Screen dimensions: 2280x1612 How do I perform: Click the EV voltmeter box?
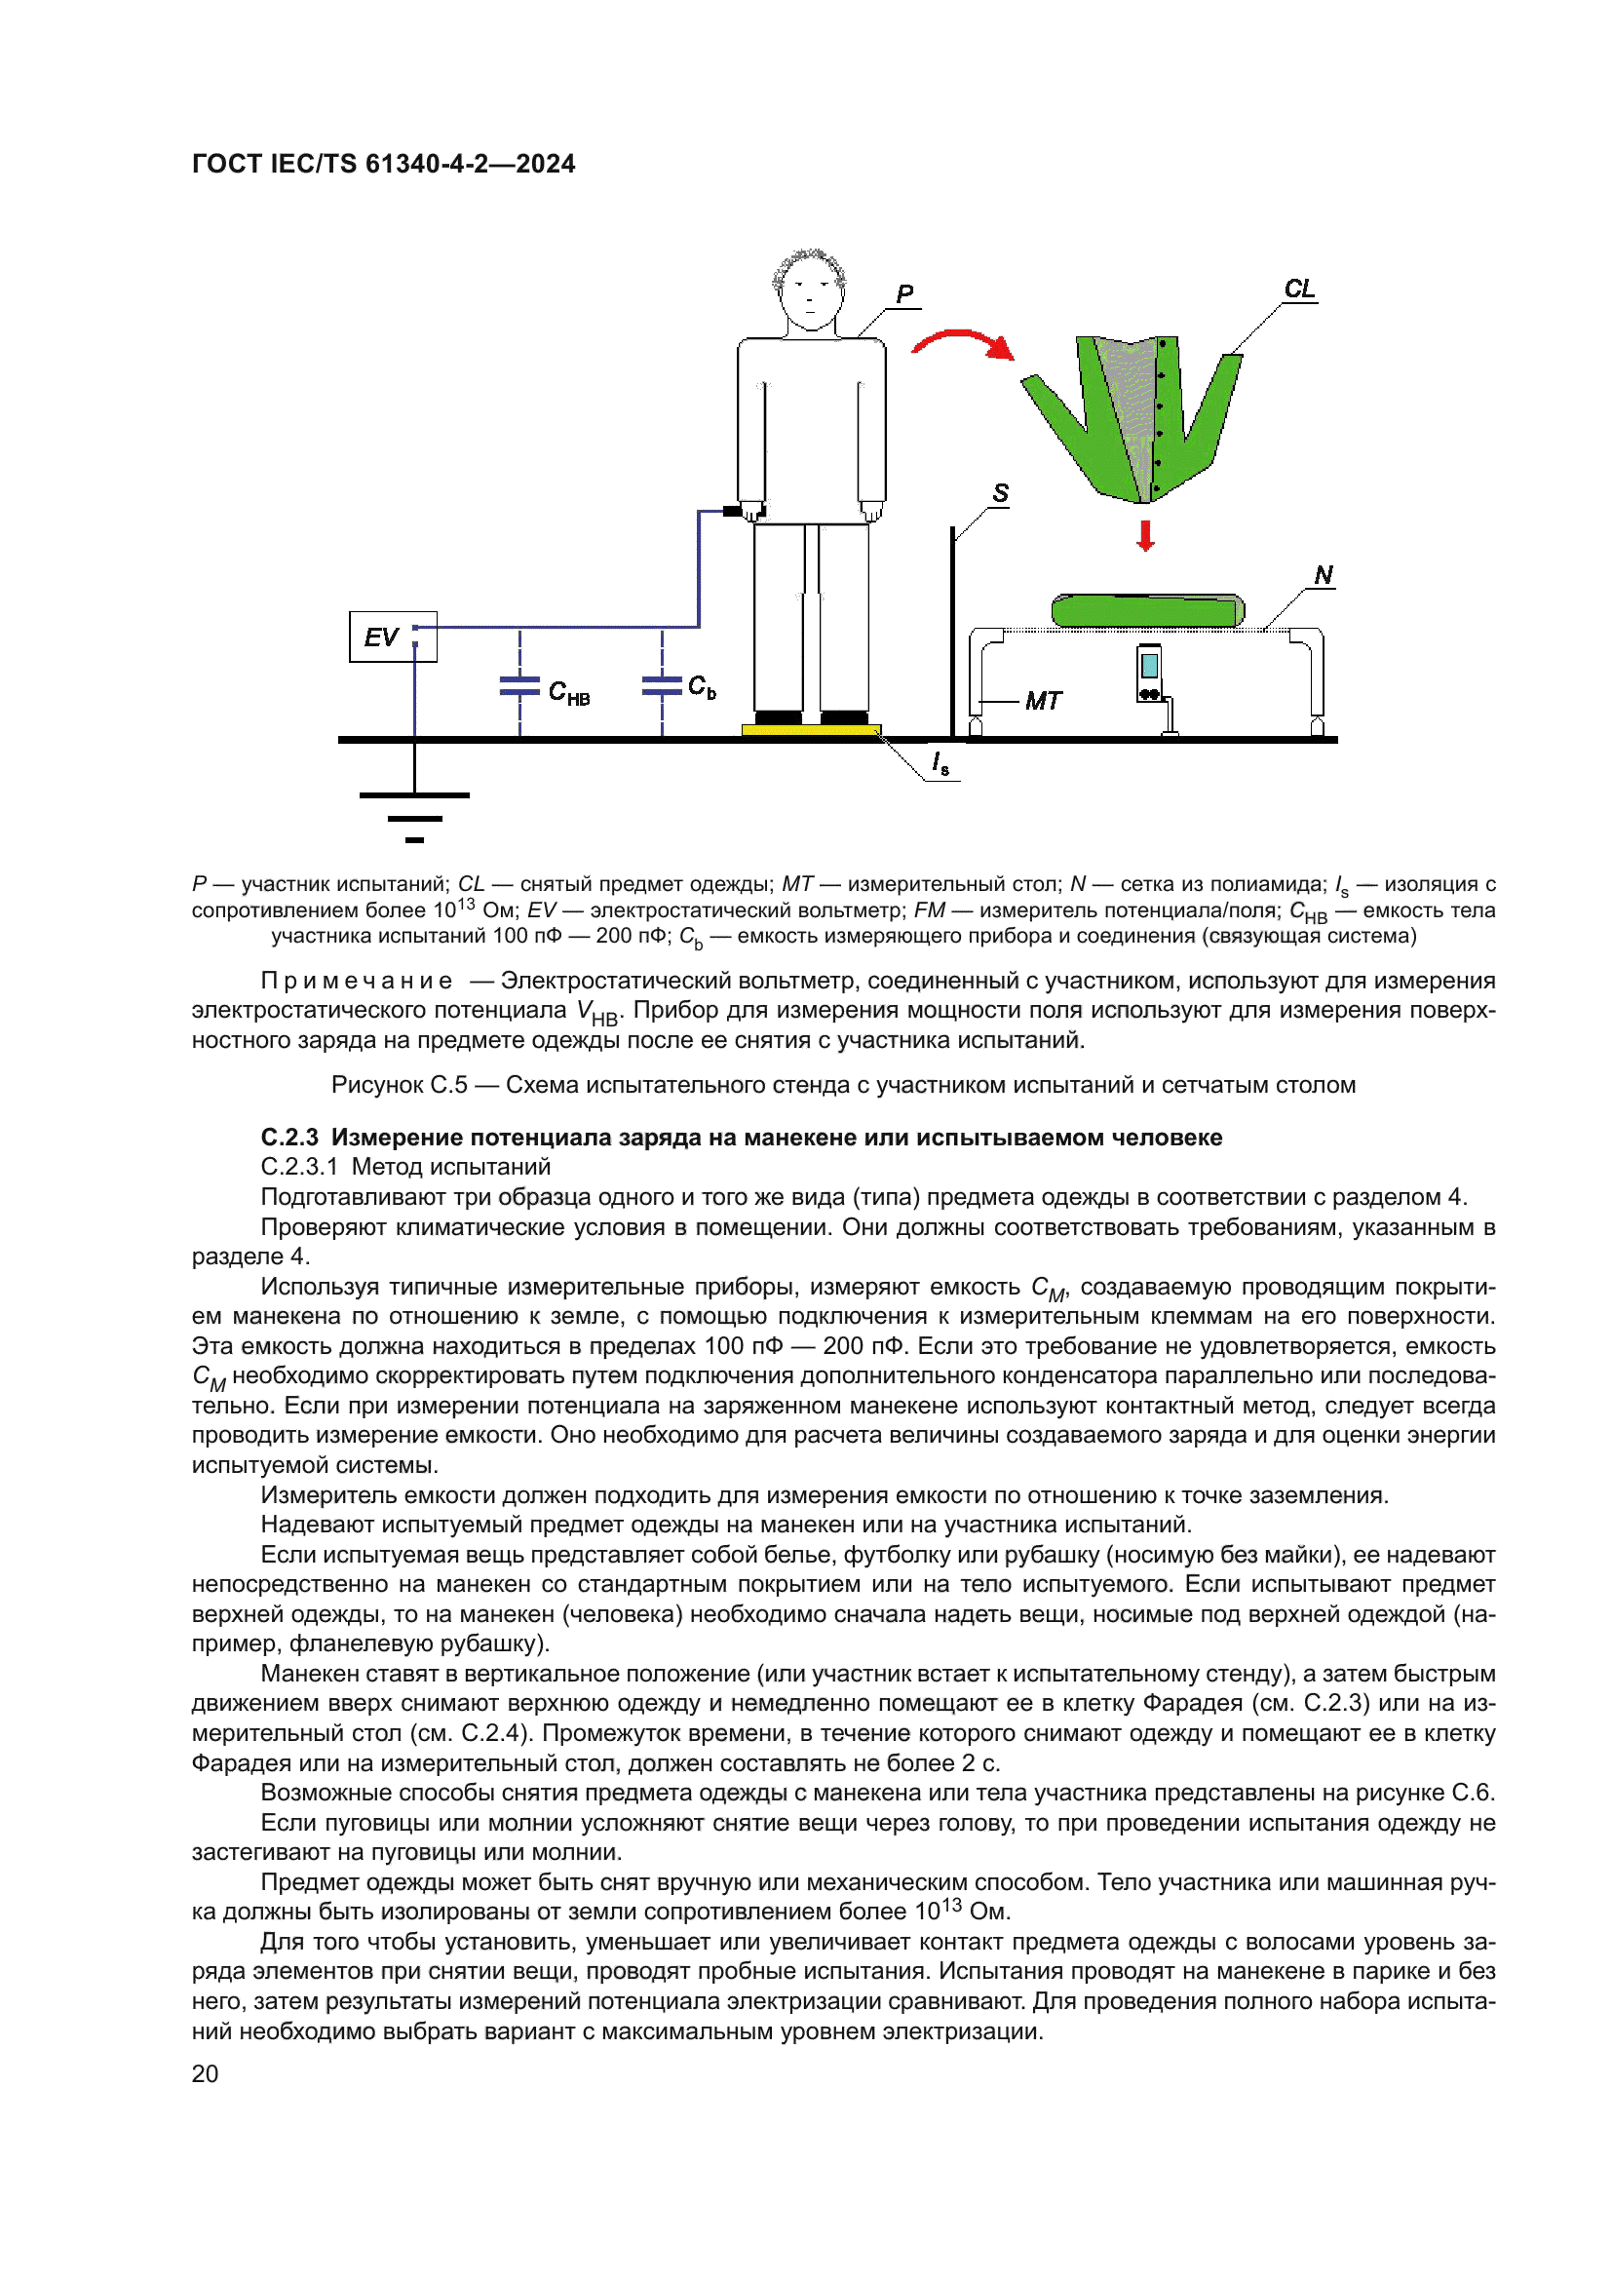point(392,637)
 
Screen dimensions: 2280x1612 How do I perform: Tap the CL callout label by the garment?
point(1298,289)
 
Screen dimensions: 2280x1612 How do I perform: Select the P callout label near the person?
point(904,294)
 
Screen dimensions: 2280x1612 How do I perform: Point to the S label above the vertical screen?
point(1001,492)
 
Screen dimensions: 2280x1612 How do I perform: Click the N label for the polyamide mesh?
point(1324,575)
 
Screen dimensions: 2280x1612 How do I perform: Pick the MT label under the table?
point(1043,701)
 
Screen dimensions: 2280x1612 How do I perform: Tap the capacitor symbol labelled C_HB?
point(519,685)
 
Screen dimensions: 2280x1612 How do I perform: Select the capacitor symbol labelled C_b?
point(661,684)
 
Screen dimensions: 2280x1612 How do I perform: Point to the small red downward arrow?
point(1145,535)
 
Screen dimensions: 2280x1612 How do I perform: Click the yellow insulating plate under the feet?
point(811,730)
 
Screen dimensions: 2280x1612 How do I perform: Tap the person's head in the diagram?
point(810,290)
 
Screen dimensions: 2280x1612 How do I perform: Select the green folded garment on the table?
point(1147,609)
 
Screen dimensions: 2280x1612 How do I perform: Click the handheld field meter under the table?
point(1149,674)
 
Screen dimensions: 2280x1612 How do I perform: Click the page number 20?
point(205,2073)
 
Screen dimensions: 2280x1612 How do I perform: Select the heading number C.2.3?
point(288,1137)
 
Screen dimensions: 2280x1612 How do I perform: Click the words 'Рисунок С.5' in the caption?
point(399,1084)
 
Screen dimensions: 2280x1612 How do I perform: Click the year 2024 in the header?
point(545,164)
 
